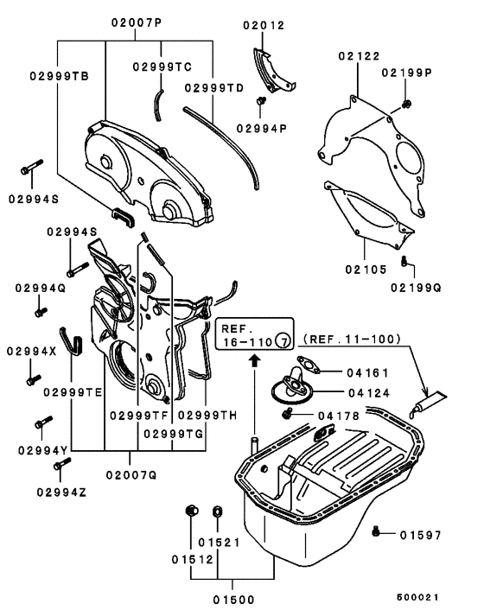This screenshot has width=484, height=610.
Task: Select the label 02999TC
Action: (x=162, y=67)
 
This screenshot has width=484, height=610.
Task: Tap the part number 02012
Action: (x=264, y=27)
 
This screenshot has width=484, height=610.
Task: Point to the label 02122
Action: (x=359, y=57)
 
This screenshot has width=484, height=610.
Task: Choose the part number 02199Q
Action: (x=415, y=286)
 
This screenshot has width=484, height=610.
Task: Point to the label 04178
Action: (x=361, y=416)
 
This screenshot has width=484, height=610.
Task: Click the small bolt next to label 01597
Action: (x=376, y=531)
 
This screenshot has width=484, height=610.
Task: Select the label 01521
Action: (x=216, y=542)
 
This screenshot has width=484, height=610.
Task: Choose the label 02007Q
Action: (x=131, y=473)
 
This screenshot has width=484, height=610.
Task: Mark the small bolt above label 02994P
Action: (x=259, y=102)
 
